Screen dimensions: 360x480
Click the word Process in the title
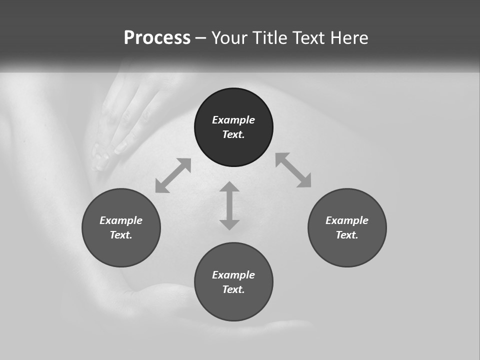(x=157, y=38)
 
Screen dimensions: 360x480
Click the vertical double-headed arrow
(x=229, y=205)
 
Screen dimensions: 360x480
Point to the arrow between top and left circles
(x=173, y=175)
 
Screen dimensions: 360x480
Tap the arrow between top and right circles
(x=293, y=170)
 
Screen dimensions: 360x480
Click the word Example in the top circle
(x=233, y=120)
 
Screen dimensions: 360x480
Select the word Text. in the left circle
(x=121, y=235)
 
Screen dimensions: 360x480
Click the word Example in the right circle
(x=347, y=220)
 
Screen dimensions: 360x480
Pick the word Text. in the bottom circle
(x=233, y=289)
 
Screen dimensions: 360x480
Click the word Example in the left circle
(x=121, y=220)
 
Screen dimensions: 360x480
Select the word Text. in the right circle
(x=347, y=235)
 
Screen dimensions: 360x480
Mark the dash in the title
(x=201, y=38)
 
